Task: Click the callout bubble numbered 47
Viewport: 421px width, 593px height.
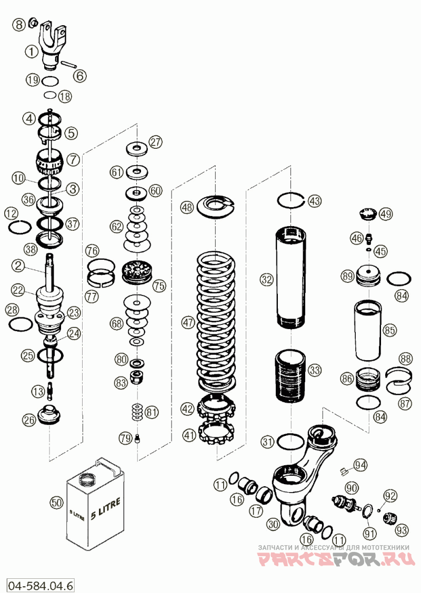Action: [x=188, y=323]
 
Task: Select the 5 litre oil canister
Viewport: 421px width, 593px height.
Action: [x=95, y=504]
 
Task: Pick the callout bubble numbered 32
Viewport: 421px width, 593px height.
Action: [x=266, y=280]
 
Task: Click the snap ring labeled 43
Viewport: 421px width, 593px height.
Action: [x=291, y=200]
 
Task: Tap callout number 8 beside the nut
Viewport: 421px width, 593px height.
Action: [x=18, y=25]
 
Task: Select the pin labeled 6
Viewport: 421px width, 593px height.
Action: [x=68, y=63]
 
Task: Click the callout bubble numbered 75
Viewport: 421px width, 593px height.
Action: [x=159, y=285]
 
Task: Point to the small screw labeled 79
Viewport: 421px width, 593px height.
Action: [x=137, y=438]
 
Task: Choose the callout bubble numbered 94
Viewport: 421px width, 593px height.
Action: [x=360, y=464]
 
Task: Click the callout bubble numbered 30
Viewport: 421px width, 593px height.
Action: [x=273, y=524]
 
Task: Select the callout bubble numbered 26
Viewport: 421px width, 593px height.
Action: [x=29, y=420]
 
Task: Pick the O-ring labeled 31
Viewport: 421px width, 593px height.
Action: [x=290, y=441]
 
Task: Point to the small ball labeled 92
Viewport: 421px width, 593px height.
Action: [x=378, y=510]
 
